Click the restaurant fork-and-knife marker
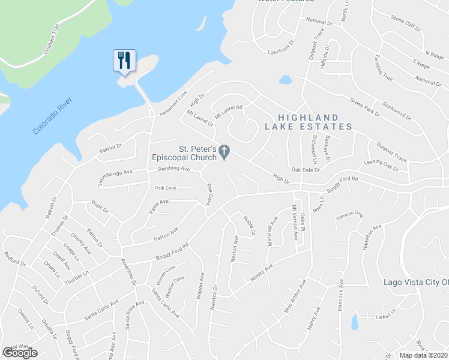click(124, 61)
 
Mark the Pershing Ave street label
click(173, 169)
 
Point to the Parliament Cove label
click(173, 103)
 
